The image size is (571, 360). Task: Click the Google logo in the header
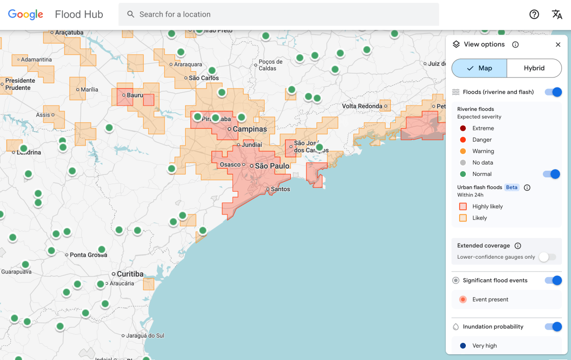(26, 14)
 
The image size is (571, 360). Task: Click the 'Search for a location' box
(278, 14)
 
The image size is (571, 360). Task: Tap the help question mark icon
(534, 14)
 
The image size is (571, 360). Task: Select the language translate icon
(557, 14)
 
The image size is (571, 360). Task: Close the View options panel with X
(558, 44)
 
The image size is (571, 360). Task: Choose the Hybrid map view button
(534, 68)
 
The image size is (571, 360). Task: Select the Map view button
(479, 68)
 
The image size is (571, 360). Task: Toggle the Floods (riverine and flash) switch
(553, 92)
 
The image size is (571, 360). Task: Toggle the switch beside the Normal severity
(551, 174)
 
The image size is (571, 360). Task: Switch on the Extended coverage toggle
(547, 257)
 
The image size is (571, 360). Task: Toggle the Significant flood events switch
(553, 280)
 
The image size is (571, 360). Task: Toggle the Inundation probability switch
(553, 327)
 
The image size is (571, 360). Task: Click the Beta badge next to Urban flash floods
(512, 187)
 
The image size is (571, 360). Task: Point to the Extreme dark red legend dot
(463, 128)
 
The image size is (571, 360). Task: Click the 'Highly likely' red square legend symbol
(463, 206)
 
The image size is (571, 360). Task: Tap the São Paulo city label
(272, 166)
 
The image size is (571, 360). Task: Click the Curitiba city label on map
(130, 274)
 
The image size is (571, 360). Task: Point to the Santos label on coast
(280, 189)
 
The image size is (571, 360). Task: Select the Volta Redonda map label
(362, 106)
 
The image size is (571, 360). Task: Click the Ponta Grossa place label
(88, 255)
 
